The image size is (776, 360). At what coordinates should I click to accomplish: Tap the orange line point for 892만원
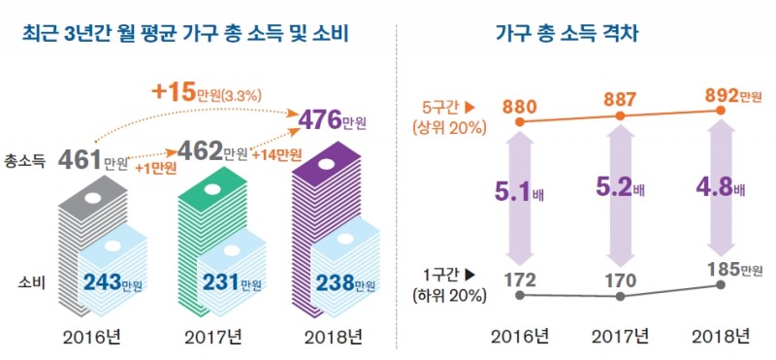[x=721, y=111]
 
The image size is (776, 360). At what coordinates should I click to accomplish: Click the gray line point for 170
[x=621, y=295]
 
